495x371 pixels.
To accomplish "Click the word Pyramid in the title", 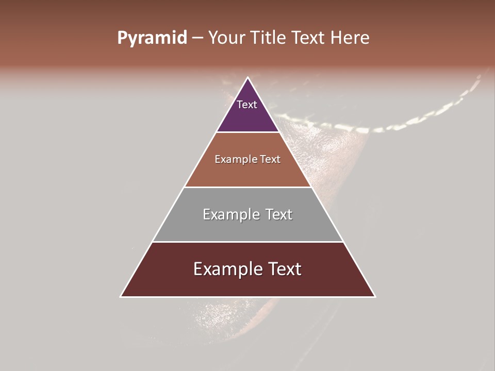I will click(x=152, y=38).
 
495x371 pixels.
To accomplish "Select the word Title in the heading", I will click(x=268, y=38).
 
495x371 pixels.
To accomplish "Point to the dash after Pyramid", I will click(x=197, y=39).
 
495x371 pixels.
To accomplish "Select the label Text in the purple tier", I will click(x=247, y=105).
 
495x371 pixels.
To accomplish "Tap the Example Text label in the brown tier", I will click(x=247, y=159).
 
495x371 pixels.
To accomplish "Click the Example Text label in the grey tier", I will click(x=247, y=214).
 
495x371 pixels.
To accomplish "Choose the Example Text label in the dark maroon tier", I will click(x=247, y=269).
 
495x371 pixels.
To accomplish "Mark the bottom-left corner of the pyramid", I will click(x=121, y=296).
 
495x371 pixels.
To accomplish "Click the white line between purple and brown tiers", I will click(x=247, y=132).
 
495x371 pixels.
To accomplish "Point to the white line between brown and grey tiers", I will click(x=247, y=187).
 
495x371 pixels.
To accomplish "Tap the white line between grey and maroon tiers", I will click(x=247, y=242).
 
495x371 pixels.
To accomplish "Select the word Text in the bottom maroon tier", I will click(x=283, y=269).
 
